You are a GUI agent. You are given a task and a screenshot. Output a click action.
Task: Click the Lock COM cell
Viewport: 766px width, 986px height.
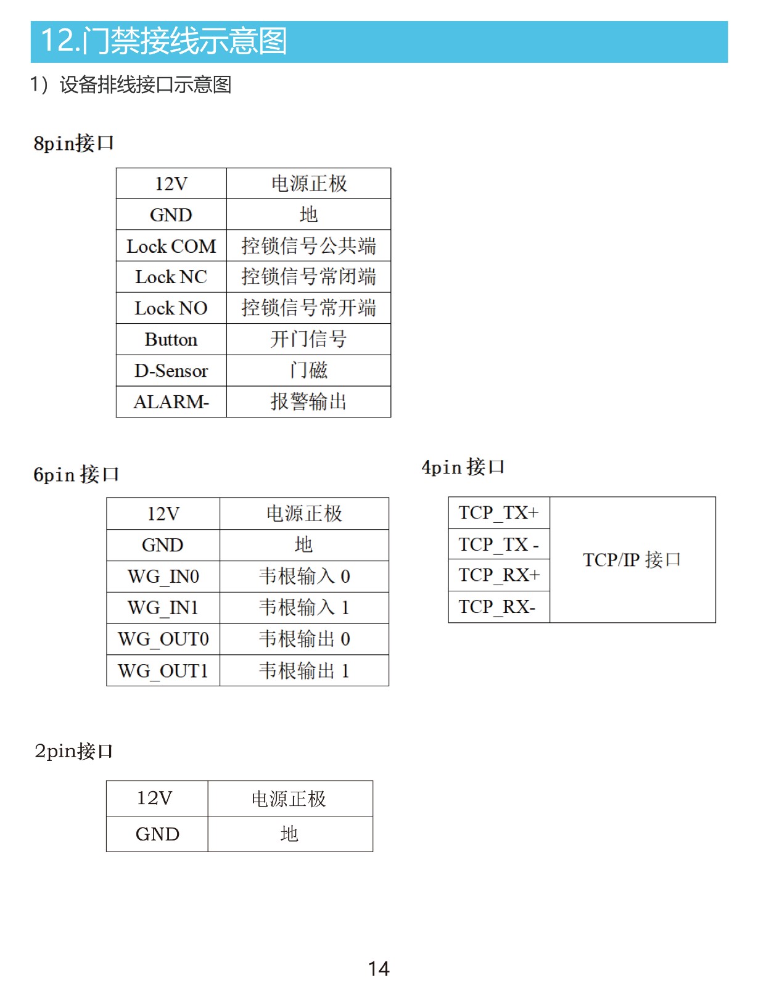[171, 246]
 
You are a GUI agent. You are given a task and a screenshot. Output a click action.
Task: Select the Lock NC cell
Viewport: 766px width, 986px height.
[171, 277]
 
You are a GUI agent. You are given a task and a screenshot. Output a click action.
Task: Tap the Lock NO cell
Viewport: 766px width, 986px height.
[171, 308]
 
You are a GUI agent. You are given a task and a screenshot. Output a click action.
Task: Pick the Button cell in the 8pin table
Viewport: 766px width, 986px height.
[171, 339]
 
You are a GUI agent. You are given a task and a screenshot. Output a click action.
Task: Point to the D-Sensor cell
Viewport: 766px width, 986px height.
[171, 371]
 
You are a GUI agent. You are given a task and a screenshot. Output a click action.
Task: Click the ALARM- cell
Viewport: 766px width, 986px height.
[171, 402]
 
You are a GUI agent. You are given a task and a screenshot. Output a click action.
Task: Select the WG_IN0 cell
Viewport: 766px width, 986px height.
[163, 577]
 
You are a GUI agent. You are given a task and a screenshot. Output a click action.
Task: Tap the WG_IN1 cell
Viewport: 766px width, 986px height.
[163, 608]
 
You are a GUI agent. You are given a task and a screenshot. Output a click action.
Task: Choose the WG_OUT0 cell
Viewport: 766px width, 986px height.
[163, 639]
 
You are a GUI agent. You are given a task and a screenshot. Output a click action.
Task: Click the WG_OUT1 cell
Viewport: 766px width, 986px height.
[163, 671]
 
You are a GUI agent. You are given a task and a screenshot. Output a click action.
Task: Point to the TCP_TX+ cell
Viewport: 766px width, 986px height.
[499, 513]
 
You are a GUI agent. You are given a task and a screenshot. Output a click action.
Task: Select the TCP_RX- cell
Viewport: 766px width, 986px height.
[499, 607]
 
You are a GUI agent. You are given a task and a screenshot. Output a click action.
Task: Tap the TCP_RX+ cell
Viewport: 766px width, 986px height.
[499, 576]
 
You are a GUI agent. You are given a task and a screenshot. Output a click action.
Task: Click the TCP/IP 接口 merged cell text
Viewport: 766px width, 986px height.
[632, 560]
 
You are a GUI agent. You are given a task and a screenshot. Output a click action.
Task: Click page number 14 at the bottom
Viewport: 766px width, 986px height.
[379, 969]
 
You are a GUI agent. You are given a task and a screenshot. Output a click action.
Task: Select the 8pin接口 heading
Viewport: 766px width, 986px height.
[73, 144]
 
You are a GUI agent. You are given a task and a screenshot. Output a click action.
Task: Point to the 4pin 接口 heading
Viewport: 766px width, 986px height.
[463, 467]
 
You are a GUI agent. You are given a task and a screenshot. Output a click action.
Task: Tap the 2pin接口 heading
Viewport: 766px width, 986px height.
[73, 751]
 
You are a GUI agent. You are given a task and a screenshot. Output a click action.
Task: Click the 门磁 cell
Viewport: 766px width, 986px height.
[308, 371]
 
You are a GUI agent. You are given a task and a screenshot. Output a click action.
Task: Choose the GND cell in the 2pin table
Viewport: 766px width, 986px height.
[157, 834]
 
